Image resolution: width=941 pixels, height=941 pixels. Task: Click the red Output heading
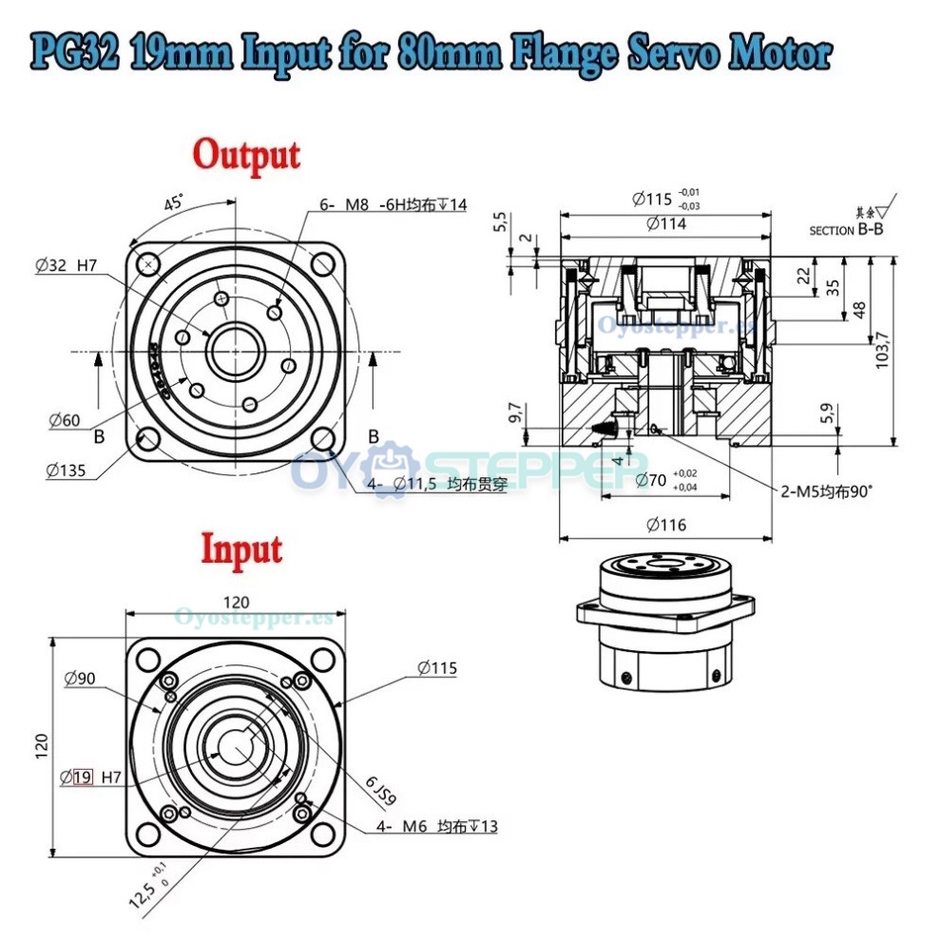coord(246,153)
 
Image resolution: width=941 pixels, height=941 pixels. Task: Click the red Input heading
coord(241,548)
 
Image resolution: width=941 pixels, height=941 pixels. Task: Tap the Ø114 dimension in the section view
coord(666,224)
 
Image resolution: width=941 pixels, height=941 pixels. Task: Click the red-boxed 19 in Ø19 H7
coord(83,777)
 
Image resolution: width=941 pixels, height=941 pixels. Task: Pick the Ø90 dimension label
coord(80,679)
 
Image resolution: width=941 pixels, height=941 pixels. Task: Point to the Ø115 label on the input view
coord(436,668)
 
